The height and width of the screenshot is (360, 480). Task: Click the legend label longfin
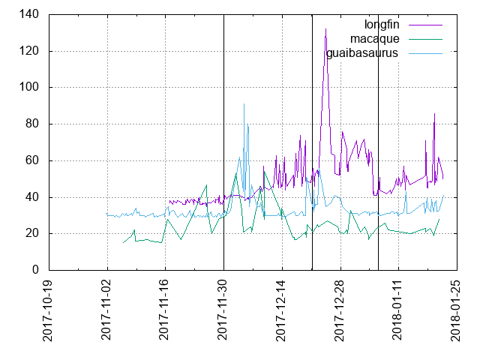tap(381, 23)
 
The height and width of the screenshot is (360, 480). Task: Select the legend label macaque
tap(376, 38)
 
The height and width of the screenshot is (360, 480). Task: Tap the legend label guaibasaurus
tap(362, 53)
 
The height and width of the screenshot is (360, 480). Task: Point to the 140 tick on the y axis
tap(33, 14)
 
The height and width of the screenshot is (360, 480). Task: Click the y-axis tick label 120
tap(33, 51)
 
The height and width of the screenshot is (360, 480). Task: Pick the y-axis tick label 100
tap(33, 87)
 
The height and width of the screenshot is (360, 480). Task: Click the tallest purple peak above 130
tap(325, 29)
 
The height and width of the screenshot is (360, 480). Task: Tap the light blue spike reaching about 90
tap(244, 105)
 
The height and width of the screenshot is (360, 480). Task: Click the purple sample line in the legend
tap(425, 23)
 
